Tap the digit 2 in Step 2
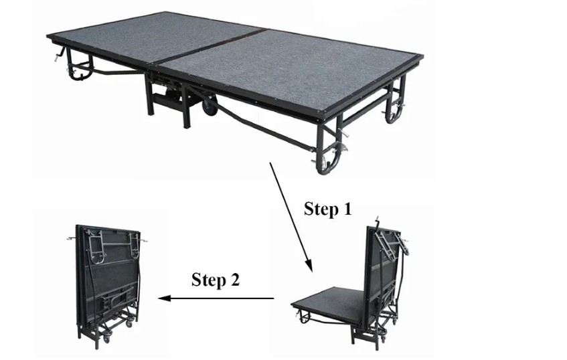(x=234, y=280)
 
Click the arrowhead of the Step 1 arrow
(x=309, y=264)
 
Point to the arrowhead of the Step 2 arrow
(x=164, y=298)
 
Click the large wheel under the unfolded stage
(x=210, y=106)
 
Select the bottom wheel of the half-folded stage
(x=380, y=338)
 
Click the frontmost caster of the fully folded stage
(x=106, y=339)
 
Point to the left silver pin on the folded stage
(x=72, y=238)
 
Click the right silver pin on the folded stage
(x=143, y=240)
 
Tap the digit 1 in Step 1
(x=346, y=209)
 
